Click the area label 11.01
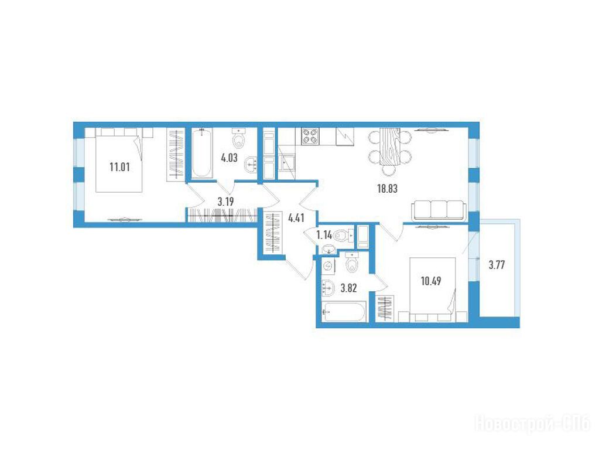(119, 167)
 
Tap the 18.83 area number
(388, 189)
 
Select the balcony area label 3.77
(497, 265)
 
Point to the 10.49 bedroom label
(431, 281)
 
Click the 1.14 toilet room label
(324, 235)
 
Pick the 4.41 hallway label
(296, 219)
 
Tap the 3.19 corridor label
(226, 202)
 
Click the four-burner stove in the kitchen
(310, 136)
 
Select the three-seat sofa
(439, 210)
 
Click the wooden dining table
(389, 146)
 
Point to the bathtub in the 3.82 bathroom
(344, 312)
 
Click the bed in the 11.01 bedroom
(119, 160)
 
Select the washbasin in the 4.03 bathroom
(251, 165)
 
